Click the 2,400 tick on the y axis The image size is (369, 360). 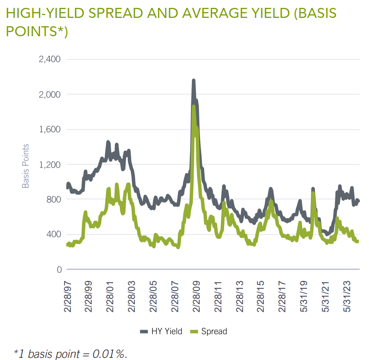[x=49, y=59]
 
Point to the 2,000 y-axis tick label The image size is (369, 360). [x=49, y=94]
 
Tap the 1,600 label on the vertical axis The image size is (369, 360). [x=49, y=130]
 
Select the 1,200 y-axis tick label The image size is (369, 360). [x=49, y=165]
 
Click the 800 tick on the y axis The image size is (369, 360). [x=53, y=199]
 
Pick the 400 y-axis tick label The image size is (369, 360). [x=53, y=234]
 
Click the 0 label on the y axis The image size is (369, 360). [x=58, y=270]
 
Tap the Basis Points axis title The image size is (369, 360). [x=26, y=166]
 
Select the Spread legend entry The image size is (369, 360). [x=209, y=332]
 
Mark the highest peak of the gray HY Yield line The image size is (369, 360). [x=194, y=81]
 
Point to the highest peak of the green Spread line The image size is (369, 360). [x=193, y=106]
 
